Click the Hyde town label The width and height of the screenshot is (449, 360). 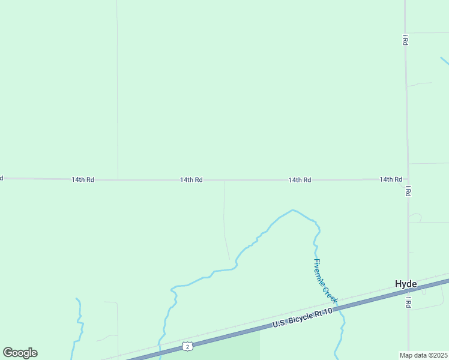coord(406,284)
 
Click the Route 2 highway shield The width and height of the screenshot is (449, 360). coord(188,347)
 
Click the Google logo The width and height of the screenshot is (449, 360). coord(20,353)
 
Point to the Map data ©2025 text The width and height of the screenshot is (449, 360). coord(423,355)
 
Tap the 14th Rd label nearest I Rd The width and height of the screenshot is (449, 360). coord(390,179)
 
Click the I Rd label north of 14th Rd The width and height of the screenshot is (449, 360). coord(406,41)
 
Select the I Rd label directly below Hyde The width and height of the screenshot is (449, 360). coord(408,302)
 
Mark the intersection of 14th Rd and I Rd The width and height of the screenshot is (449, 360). coord(407,179)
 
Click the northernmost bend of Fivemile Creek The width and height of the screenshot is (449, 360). coord(292,210)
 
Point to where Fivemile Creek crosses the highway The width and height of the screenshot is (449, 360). coord(340,310)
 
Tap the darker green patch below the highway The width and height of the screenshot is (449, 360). coord(228,348)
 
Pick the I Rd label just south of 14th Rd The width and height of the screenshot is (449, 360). coord(408,191)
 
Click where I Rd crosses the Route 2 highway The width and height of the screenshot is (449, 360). coord(409,290)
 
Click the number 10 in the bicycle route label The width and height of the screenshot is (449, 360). coord(328,312)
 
